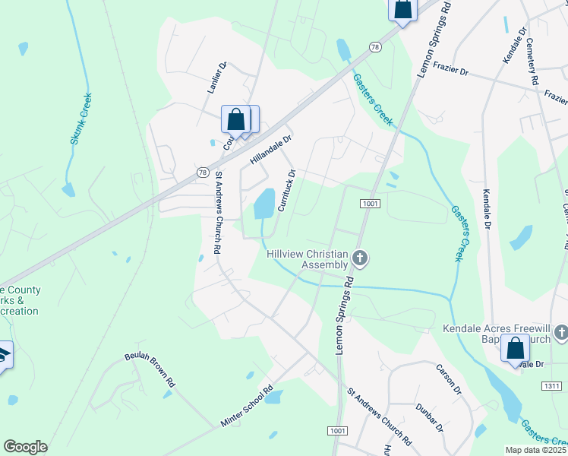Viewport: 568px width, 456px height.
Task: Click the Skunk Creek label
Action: (80, 119)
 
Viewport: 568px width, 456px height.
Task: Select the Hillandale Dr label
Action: (270, 150)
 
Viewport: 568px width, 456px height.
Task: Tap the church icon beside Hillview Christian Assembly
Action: (360, 259)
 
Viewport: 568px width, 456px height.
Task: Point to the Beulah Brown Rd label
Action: (150, 370)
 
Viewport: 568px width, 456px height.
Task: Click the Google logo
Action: (25, 447)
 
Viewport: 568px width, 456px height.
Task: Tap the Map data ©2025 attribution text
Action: (535, 449)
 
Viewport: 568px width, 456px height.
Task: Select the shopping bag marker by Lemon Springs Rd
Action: (402, 10)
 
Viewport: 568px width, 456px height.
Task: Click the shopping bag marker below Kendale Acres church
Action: (515, 350)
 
